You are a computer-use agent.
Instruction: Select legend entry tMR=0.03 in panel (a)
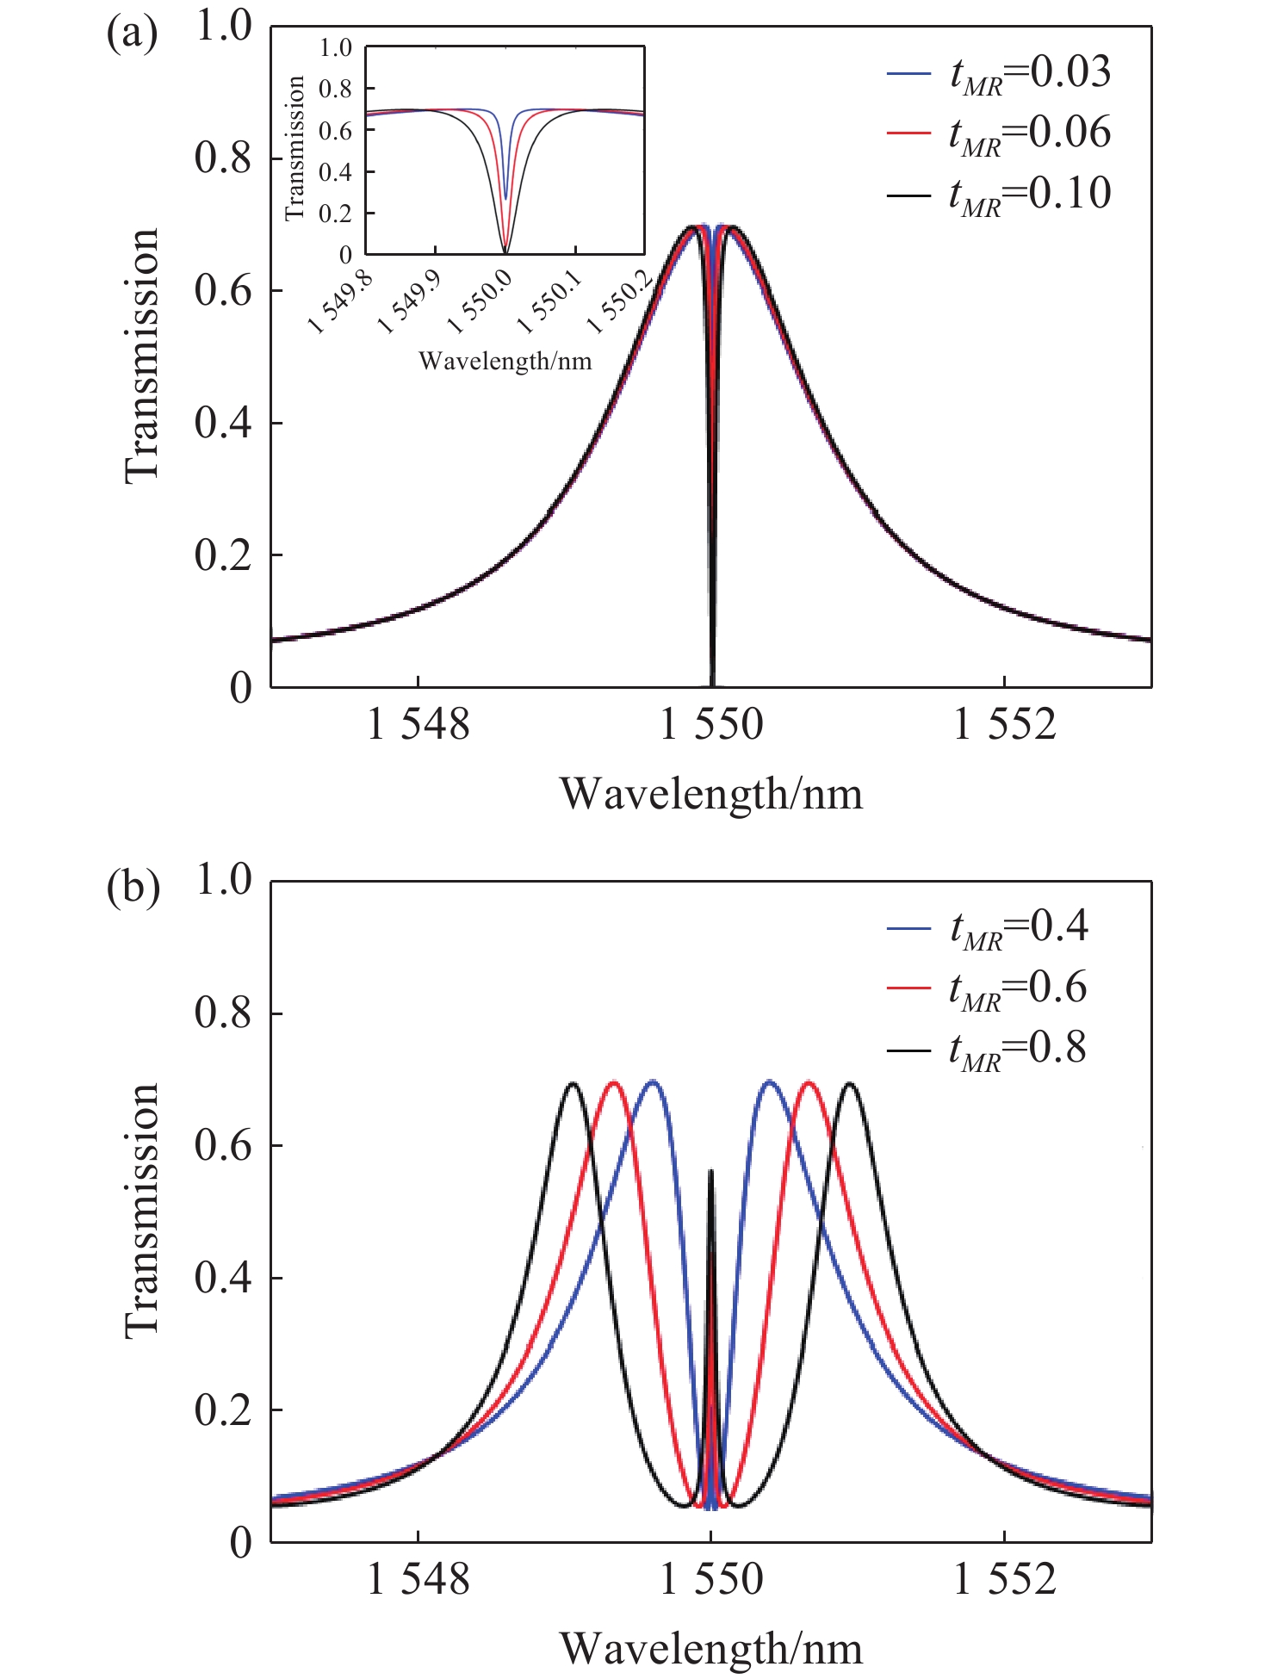point(999,73)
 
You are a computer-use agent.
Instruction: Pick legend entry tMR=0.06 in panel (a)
point(999,133)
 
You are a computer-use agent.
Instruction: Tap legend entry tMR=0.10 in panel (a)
point(999,194)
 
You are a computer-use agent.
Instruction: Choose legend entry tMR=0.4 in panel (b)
point(988,927)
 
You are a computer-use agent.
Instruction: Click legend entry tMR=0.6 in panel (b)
point(987,988)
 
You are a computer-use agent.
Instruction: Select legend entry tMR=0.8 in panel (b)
point(987,1050)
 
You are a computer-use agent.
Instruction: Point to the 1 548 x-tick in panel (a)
point(418,724)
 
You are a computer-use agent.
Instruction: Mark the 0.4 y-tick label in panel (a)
point(223,423)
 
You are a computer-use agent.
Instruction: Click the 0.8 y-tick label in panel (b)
point(223,1013)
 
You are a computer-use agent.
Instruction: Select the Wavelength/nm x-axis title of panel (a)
point(711,794)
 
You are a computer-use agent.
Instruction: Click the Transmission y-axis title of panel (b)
point(143,1211)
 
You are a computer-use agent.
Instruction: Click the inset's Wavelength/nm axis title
point(505,360)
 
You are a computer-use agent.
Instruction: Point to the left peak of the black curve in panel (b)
point(573,1083)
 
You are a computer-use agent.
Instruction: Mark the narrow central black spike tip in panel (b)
point(711,1171)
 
